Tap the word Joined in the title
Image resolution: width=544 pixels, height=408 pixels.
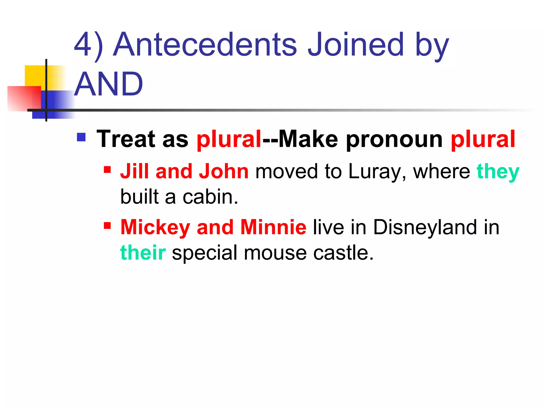[355, 44]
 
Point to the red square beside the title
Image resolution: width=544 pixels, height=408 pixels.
[24, 98]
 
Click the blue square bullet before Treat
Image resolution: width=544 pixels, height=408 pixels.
[81, 137]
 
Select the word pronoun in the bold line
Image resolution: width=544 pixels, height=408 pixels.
[394, 139]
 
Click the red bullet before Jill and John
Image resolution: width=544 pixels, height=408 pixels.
[107, 169]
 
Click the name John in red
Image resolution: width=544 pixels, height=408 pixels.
[224, 171]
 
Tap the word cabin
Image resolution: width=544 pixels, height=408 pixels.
[210, 197]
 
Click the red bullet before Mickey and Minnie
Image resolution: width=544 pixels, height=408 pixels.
[107, 226]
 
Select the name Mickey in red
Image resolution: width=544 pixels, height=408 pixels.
[155, 227]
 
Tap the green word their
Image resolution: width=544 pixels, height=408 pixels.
[143, 253]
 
